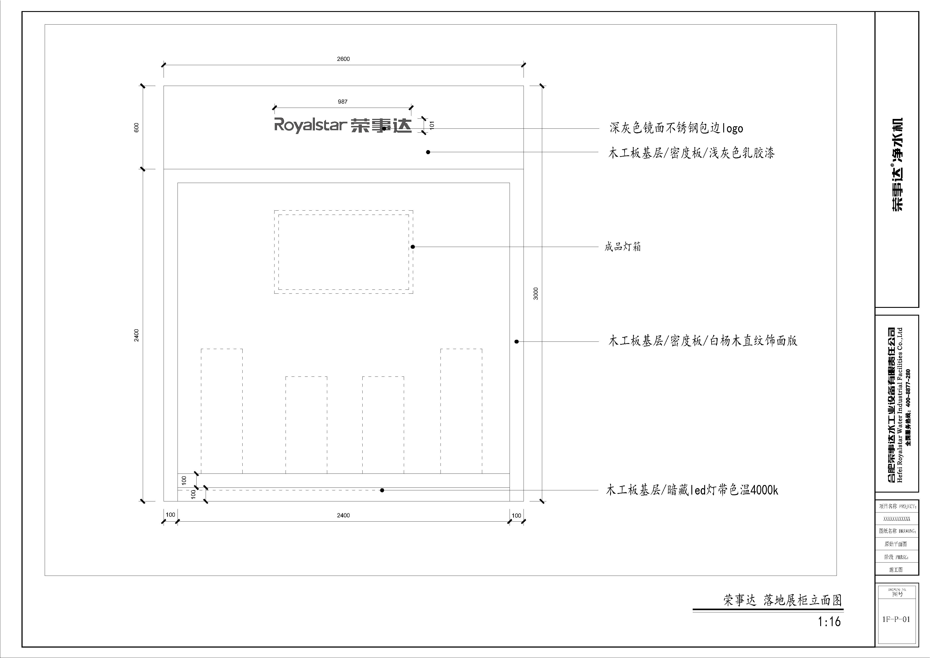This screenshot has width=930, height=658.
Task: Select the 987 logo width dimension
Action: (343, 102)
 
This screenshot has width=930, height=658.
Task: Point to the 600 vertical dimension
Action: (137, 128)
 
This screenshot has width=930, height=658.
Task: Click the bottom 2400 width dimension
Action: (343, 515)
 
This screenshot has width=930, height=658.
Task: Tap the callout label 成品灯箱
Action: (623, 247)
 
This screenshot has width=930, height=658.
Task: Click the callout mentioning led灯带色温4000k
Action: (692, 490)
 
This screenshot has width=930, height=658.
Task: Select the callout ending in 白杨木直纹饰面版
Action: (703, 341)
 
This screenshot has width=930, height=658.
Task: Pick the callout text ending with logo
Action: (677, 128)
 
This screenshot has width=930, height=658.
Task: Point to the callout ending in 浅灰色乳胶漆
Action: (691, 153)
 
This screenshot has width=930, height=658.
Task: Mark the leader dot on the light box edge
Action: (413, 247)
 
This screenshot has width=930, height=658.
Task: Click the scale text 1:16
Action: (829, 621)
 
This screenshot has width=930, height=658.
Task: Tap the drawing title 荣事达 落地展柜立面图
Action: (783, 600)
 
